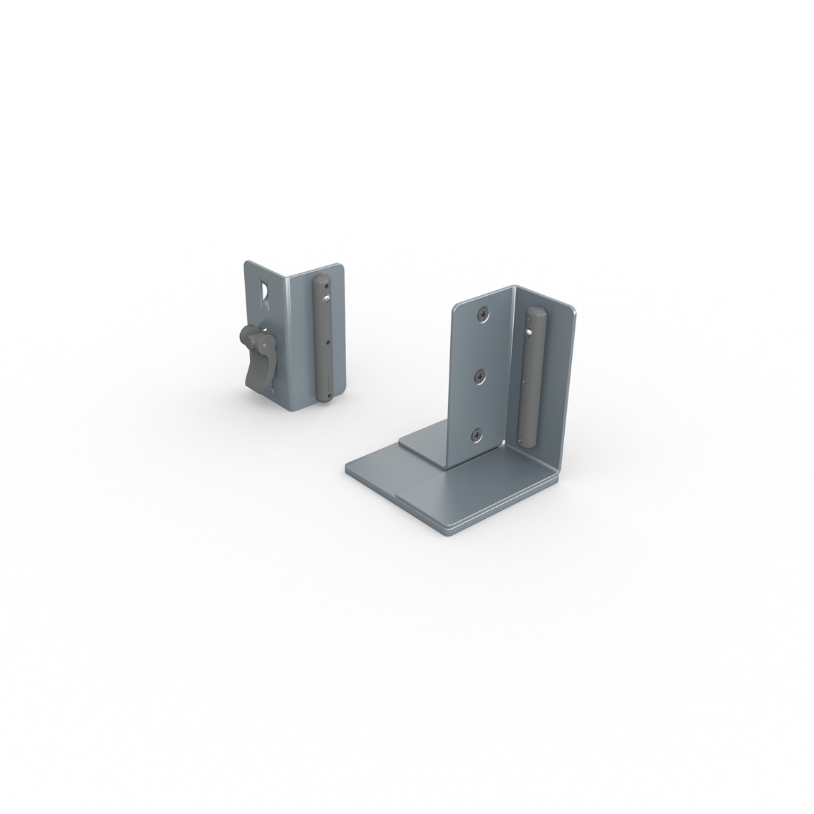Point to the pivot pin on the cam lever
[264, 345]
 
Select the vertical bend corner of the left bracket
[289, 340]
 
